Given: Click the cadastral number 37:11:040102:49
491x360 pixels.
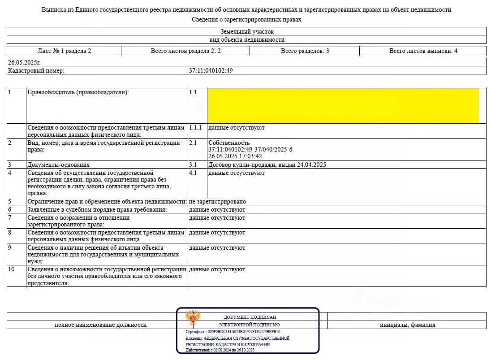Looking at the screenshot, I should point(211,70).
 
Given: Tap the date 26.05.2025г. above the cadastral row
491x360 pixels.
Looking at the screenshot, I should point(24,63).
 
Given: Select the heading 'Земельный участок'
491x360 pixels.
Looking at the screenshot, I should point(246,32).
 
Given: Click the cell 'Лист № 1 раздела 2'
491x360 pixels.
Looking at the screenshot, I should point(64,51).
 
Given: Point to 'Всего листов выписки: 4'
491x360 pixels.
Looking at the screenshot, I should point(423,51).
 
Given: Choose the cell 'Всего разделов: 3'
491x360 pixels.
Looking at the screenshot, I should point(305,51).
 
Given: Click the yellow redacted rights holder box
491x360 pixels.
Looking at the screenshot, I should point(343,106).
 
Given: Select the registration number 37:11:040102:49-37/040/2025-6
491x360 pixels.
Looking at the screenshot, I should point(250,149).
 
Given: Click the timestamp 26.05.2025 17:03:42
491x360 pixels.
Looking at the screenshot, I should point(235,156).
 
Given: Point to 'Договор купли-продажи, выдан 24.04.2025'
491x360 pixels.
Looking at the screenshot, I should point(267,165).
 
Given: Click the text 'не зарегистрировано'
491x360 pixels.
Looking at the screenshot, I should point(217,202).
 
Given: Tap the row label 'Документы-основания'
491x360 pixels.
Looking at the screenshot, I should point(58,165).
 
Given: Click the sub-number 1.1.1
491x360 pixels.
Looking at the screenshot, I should point(195,128).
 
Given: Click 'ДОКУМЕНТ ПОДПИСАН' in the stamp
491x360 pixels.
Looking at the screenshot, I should point(250,317).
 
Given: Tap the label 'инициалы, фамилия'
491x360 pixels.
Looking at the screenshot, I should point(407,325).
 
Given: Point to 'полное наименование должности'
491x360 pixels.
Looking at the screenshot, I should point(100,325).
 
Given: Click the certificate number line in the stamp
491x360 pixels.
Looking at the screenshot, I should point(233,332).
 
